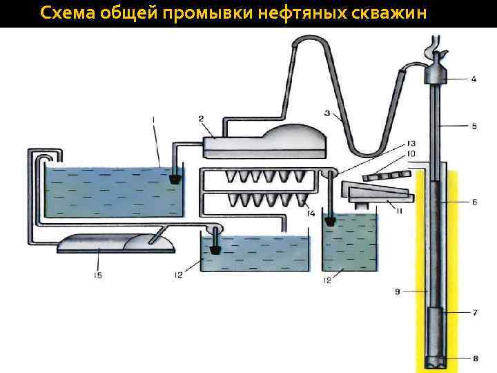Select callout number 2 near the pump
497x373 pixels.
tap(201, 119)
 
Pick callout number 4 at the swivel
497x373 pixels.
tap(474, 79)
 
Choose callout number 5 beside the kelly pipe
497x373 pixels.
tap(474, 126)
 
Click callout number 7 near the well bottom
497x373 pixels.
tap(474, 313)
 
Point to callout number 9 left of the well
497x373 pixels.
tap(398, 292)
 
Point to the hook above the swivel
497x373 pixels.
tap(434, 52)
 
